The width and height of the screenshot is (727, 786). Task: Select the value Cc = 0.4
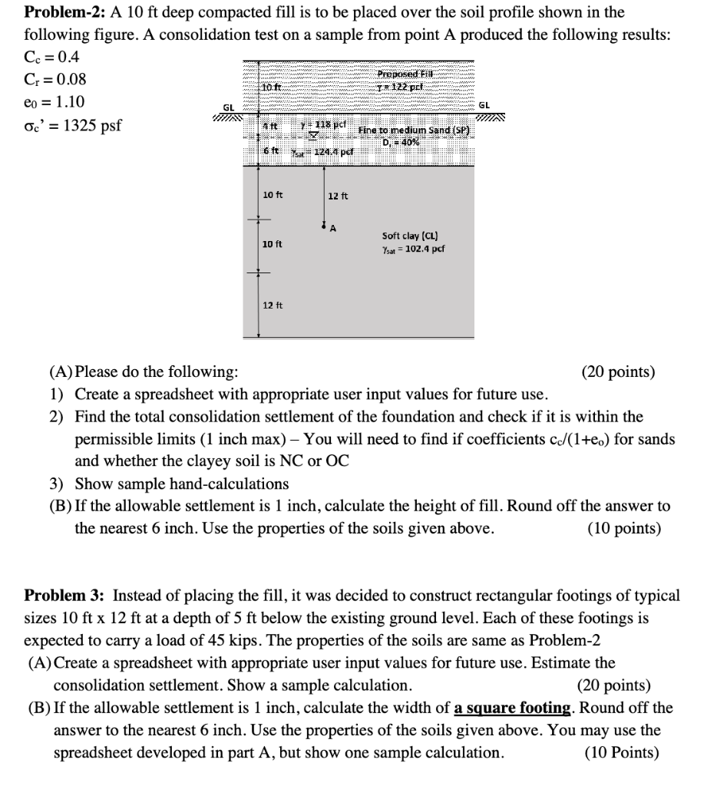pos(51,58)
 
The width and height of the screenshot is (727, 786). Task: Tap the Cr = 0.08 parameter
pos(55,80)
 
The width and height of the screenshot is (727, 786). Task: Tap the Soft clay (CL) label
pos(410,236)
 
